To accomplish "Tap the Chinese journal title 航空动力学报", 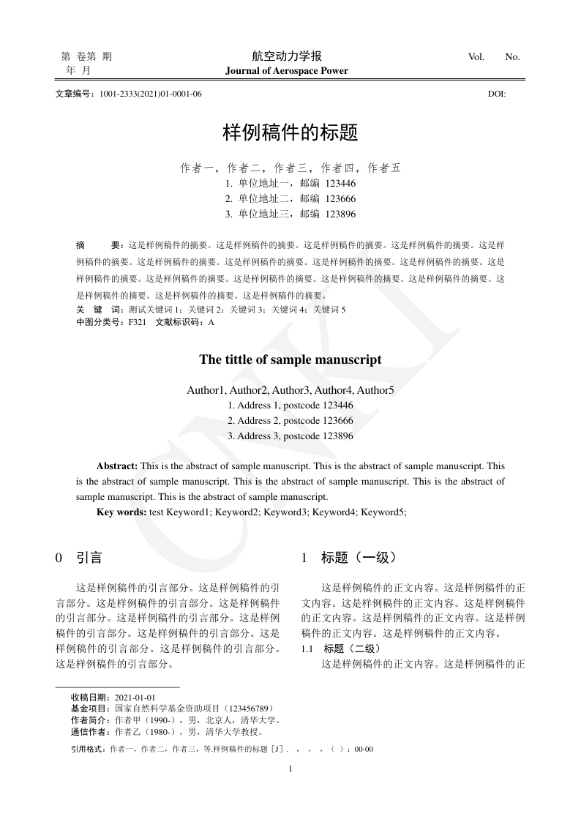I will coord(287,56).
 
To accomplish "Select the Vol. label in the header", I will coord(476,57).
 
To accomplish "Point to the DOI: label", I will coord(497,94).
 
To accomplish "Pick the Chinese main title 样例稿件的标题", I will coord(290,133).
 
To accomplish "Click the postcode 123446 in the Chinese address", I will coord(341,183).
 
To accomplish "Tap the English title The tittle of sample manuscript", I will coord(290,359).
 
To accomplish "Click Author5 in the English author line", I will coord(375,390).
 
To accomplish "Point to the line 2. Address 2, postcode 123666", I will coord(290,420).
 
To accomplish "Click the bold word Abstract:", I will coord(117,466).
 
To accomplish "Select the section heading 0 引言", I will coord(79,558).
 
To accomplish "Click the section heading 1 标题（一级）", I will coord(349,558).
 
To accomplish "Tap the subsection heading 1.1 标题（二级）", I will coord(340,649).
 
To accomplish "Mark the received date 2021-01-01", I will coord(135,698).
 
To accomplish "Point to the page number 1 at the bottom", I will coord(290,769).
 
